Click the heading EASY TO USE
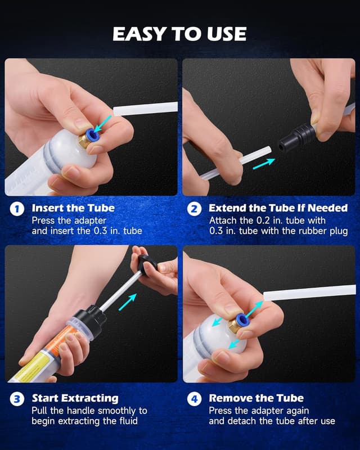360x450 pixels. [x=179, y=34]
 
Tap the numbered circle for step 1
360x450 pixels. [x=17, y=209]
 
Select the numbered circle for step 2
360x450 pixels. [x=195, y=209]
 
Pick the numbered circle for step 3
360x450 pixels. [x=17, y=399]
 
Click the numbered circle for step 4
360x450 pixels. [x=195, y=399]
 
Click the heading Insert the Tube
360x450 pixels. [x=73, y=208]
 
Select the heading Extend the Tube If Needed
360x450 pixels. [x=278, y=208]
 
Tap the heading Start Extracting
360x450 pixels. [x=75, y=398]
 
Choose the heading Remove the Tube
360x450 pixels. [x=256, y=398]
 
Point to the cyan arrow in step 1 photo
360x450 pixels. [x=102, y=124]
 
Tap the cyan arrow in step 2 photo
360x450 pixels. [x=264, y=164]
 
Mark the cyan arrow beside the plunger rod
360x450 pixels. [x=128, y=302]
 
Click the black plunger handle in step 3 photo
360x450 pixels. [x=146, y=264]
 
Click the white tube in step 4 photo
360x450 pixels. [x=309, y=292]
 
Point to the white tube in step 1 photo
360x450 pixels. [x=145, y=109]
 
